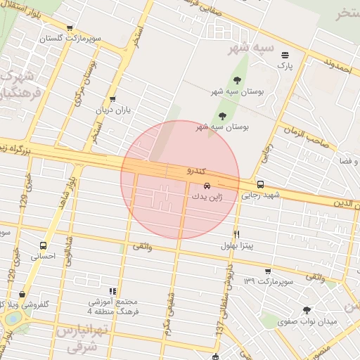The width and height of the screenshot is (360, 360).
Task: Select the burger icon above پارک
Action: (x=285, y=55)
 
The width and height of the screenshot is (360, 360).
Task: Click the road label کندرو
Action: (x=196, y=171)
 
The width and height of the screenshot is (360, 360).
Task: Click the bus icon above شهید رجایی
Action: (x=261, y=184)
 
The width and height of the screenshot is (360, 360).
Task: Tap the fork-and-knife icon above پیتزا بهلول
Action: (x=236, y=235)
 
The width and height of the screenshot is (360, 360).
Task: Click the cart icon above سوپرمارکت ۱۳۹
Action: (x=268, y=271)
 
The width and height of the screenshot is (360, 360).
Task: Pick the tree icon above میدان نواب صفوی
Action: (x=306, y=310)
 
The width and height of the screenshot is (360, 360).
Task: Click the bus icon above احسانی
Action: (x=44, y=246)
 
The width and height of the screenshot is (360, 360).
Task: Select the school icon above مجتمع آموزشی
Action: (x=112, y=291)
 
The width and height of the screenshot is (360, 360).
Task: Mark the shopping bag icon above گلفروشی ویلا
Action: (x=23, y=295)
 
